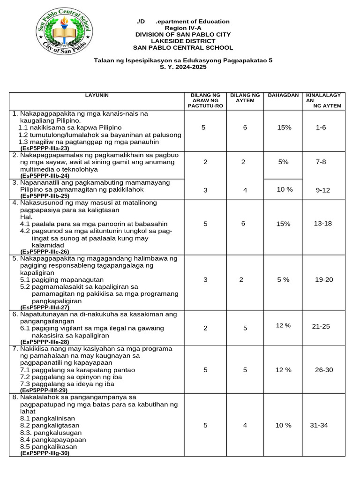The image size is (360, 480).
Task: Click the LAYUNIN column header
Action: [x=97, y=95]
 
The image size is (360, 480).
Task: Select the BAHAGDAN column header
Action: [x=283, y=95]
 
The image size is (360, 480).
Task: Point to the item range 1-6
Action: [x=321, y=127]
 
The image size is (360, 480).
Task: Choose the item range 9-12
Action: [x=323, y=190]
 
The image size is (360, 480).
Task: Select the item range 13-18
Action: [x=322, y=224]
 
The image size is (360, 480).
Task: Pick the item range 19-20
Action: [x=324, y=280]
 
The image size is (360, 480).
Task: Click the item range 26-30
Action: [x=324, y=370]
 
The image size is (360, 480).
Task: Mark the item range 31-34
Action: [x=319, y=425]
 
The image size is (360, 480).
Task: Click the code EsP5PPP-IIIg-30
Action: [x=45, y=453]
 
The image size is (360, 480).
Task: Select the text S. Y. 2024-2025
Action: [x=183, y=67]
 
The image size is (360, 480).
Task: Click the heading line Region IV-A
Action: [x=183, y=28]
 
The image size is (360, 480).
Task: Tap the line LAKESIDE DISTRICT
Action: [x=183, y=41]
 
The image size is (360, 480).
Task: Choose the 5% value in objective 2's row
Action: [x=283, y=161]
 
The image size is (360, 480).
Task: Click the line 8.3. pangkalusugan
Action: [x=51, y=433]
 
